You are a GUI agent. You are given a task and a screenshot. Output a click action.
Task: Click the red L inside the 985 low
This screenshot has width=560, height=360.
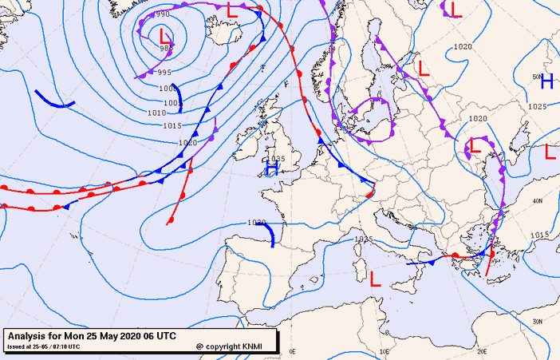coord(164,37)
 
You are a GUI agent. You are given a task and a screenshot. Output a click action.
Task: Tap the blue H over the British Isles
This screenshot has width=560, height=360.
coord(272,169)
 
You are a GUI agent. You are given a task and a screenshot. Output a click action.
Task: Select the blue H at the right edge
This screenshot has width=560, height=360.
coord(546,81)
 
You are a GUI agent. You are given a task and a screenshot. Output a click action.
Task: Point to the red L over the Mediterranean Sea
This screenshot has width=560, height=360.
coord(375,278)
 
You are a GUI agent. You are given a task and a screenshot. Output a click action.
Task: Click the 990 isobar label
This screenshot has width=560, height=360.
coord(163,14)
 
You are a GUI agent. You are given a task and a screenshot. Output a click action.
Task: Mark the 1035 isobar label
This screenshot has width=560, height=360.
coord(275,159)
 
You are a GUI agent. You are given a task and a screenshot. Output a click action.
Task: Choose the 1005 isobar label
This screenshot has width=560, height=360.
coord(172,102)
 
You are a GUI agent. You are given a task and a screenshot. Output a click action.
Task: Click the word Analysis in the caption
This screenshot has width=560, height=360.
coord(27,336)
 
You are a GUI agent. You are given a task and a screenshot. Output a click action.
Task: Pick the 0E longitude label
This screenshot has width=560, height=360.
coord(292,351)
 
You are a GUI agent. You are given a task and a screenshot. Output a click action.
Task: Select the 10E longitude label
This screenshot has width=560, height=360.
coord(385,351)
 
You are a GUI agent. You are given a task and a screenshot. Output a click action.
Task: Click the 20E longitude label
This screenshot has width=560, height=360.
coord(481,351)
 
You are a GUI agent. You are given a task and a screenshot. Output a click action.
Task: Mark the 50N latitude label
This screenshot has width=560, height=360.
coord(536,76)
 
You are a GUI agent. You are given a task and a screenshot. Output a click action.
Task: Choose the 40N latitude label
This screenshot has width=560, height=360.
coord(538,200)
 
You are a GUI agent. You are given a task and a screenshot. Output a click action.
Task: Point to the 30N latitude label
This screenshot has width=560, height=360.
coord(538,321)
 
